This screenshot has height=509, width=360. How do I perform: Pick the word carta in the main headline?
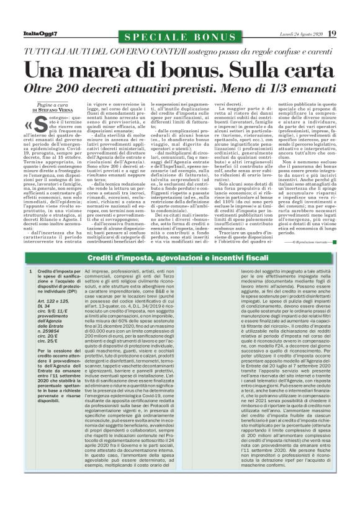point(303,67)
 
